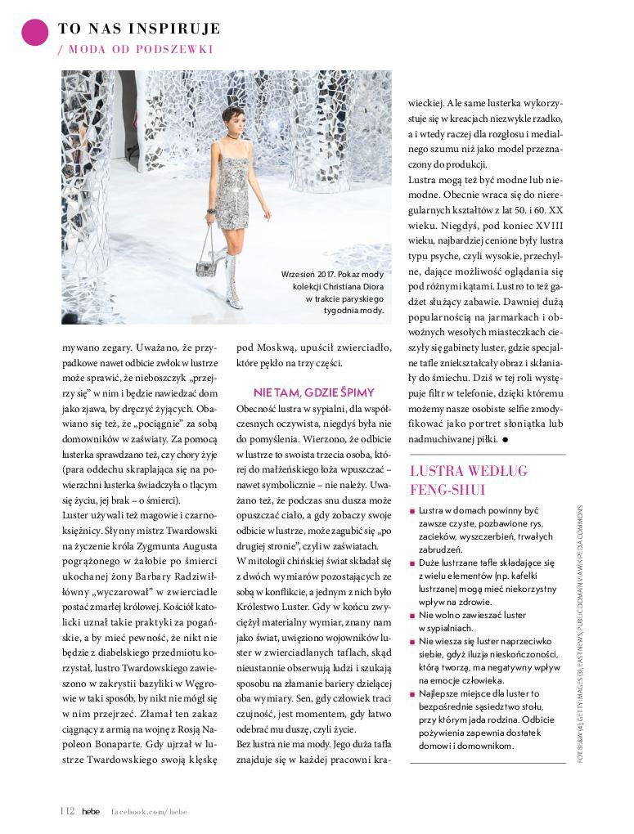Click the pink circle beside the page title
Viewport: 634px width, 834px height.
click(34, 32)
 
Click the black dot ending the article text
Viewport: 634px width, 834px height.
click(506, 440)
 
